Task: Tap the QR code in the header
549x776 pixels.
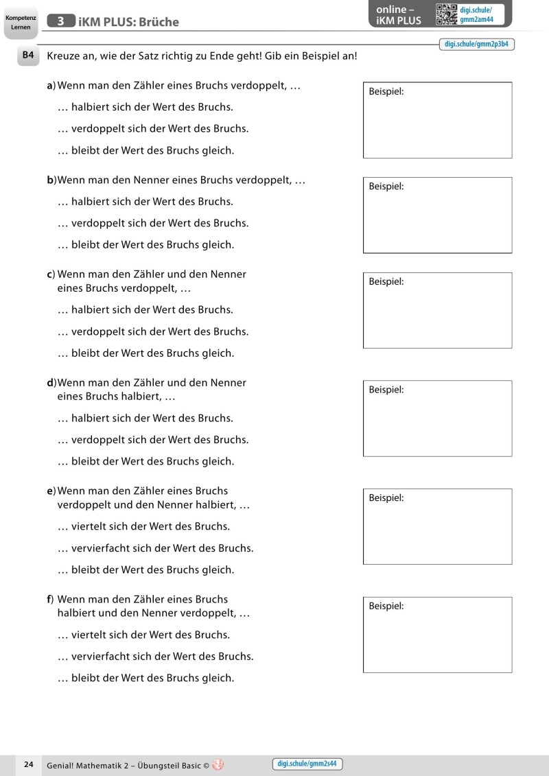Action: (x=447, y=14)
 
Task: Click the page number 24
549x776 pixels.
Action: (x=28, y=764)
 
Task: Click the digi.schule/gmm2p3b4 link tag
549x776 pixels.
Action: (x=476, y=44)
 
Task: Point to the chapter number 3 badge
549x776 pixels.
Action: (x=61, y=21)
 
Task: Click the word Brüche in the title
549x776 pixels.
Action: (x=156, y=22)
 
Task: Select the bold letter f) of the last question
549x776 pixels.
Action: (x=50, y=599)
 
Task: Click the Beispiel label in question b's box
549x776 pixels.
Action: (x=386, y=186)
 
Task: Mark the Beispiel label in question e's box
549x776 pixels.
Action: (x=386, y=497)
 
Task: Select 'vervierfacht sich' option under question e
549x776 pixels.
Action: (x=156, y=548)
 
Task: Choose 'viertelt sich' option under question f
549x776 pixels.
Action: (x=144, y=635)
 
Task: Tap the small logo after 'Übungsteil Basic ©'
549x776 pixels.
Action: (x=218, y=764)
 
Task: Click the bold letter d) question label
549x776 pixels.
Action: (x=50, y=382)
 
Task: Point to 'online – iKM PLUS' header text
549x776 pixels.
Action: (x=398, y=14)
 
